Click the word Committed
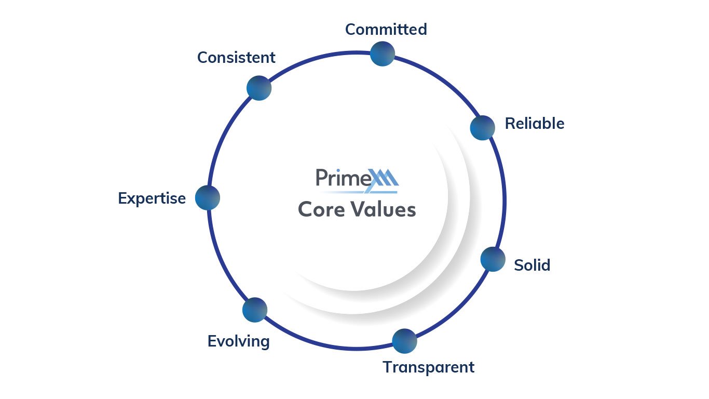point(386,30)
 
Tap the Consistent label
point(236,58)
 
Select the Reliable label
point(535,124)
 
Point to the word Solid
point(532,265)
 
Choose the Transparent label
point(429,367)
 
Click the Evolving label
point(239,341)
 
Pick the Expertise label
point(152,198)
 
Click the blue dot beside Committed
point(383,54)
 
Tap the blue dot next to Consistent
point(259,88)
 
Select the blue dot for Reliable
point(483,128)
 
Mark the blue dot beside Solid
point(493,259)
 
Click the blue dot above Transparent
point(404,341)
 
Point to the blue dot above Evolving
point(255,310)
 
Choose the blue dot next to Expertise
point(208,198)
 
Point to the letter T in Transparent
point(388,367)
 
